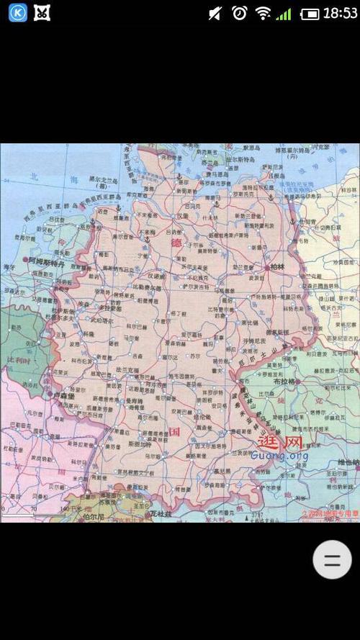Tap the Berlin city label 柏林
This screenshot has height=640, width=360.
click(x=276, y=266)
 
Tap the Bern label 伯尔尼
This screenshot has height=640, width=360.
click(x=94, y=516)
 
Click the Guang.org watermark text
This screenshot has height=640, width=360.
click(x=279, y=456)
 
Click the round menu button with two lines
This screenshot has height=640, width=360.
click(x=332, y=560)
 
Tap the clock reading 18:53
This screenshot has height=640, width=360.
click(x=340, y=13)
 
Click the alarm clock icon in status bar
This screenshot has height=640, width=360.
click(x=239, y=13)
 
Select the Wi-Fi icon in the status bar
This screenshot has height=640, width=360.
click(x=263, y=13)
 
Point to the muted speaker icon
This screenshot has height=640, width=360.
click(x=215, y=13)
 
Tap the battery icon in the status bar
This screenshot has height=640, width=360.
click(x=310, y=14)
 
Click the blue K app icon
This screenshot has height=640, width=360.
click(x=17, y=12)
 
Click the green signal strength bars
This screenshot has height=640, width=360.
click(x=284, y=14)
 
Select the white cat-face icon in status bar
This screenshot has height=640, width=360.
click(x=42, y=12)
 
